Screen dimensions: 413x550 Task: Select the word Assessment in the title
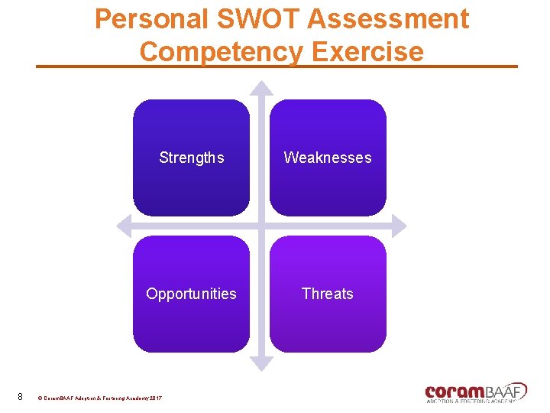(x=388, y=18)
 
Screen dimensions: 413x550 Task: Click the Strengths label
(x=192, y=158)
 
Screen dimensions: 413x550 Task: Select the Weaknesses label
(x=328, y=158)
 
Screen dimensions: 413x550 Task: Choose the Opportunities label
(x=192, y=294)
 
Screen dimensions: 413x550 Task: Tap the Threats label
(x=328, y=294)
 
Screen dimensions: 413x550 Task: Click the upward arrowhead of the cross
(x=261, y=87)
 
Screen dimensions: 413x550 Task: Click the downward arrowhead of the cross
(x=261, y=365)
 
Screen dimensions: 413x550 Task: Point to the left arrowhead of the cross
(x=122, y=226)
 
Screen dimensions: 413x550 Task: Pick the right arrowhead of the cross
(x=400, y=226)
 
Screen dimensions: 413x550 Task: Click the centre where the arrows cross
(x=261, y=226)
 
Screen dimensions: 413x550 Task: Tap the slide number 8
(x=20, y=397)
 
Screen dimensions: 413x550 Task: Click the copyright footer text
(x=100, y=398)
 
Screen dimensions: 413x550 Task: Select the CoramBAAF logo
(x=475, y=392)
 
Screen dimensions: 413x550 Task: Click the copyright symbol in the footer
(x=40, y=398)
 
